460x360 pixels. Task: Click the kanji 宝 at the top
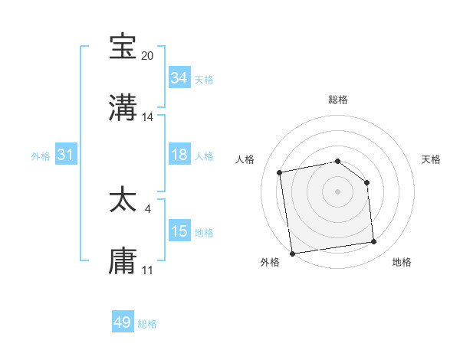pos(123,47)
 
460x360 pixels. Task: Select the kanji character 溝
pos(123,107)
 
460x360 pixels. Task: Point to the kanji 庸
pos(123,260)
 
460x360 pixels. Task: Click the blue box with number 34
pos(179,78)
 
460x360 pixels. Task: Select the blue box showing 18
pos(179,155)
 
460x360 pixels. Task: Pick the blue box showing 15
pos(179,231)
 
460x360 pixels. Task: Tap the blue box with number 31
pos(66,155)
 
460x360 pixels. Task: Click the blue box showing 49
pos(123,322)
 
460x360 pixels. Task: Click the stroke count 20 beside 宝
pos(148,56)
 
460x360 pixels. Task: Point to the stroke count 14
pos(148,117)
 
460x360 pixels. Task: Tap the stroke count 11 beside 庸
pos(148,270)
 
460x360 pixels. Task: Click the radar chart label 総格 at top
pos(338,100)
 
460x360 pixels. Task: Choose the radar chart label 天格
pos(431,159)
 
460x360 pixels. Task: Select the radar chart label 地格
pos(402,262)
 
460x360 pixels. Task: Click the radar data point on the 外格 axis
pos(292,253)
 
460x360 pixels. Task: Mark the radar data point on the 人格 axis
pos(281,172)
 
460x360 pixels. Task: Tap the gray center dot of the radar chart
pos(338,191)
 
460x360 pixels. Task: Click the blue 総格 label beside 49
pos(147,324)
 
